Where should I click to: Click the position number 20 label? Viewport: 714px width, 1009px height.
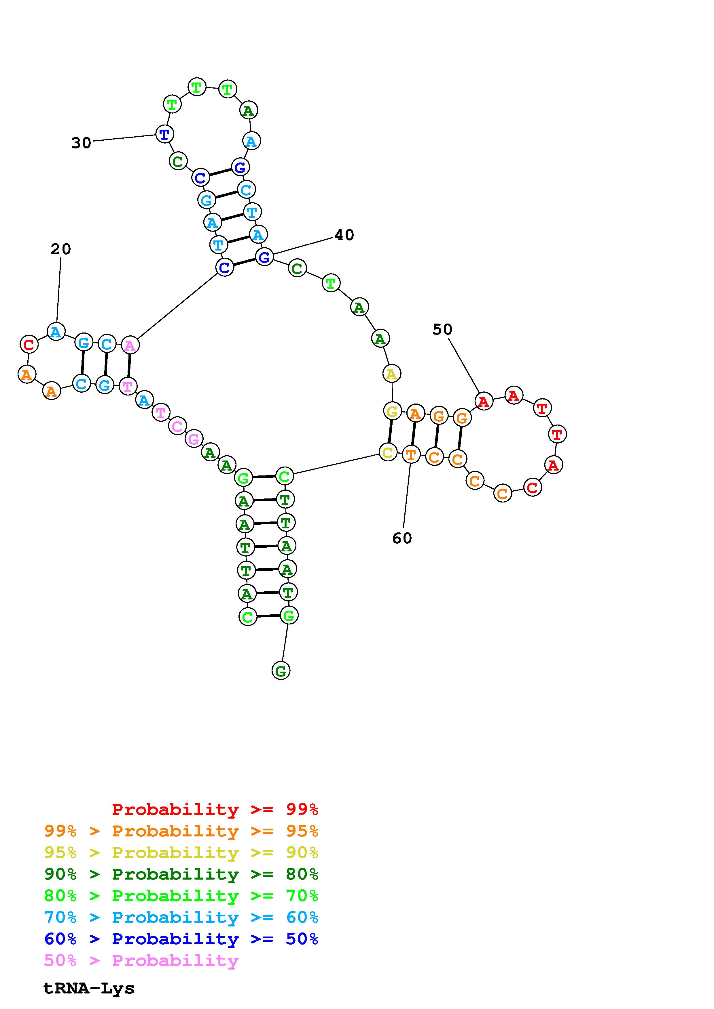click(61, 249)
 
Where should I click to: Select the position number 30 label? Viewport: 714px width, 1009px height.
click(82, 143)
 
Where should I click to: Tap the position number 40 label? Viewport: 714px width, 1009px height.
click(344, 235)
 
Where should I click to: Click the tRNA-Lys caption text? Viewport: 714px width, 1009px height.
click(89, 988)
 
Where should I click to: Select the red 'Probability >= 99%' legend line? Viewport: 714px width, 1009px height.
click(215, 809)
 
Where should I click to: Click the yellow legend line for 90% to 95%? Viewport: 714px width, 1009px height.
click(181, 853)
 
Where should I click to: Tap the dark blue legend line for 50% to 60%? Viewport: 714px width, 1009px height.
click(181, 939)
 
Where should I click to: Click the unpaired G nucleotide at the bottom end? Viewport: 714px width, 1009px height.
click(281, 671)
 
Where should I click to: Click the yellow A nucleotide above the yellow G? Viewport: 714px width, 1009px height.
click(391, 374)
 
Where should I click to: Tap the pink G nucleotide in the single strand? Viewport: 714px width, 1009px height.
click(193, 439)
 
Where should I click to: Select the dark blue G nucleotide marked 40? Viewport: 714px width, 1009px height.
click(264, 257)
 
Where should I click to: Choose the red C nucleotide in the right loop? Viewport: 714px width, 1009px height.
click(532, 487)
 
